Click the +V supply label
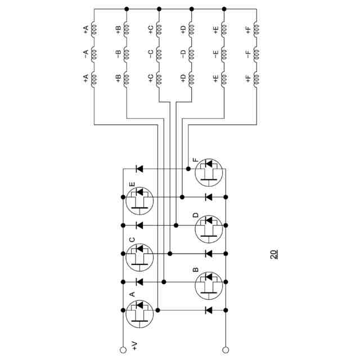click(x=134, y=344)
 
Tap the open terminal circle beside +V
click(x=123, y=350)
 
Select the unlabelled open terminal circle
click(x=226, y=350)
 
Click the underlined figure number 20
click(x=273, y=254)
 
